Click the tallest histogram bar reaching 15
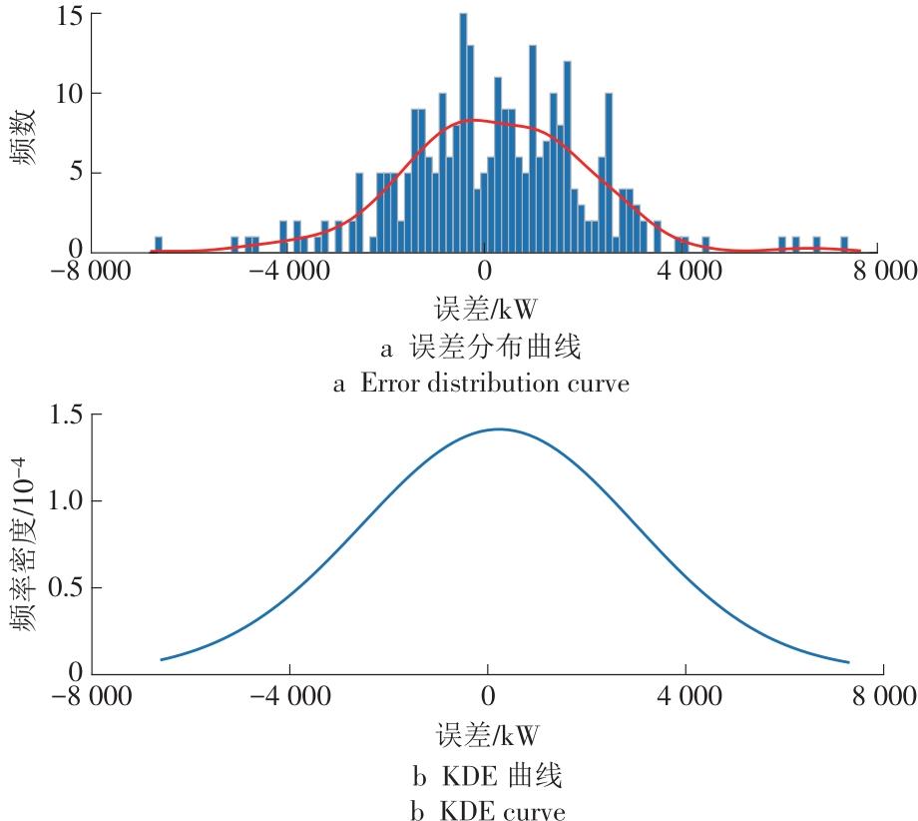(x=463, y=130)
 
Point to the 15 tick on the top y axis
(x=71, y=15)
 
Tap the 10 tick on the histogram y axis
(x=71, y=94)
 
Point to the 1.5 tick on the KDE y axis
(x=65, y=415)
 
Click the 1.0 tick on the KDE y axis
(x=65, y=501)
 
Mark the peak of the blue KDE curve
(x=497, y=429)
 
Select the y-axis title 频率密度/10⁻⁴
(x=24, y=544)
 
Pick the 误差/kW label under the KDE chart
(x=486, y=737)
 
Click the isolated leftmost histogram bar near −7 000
(x=158, y=244)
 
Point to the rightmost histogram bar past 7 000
(x=844, y=244)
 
